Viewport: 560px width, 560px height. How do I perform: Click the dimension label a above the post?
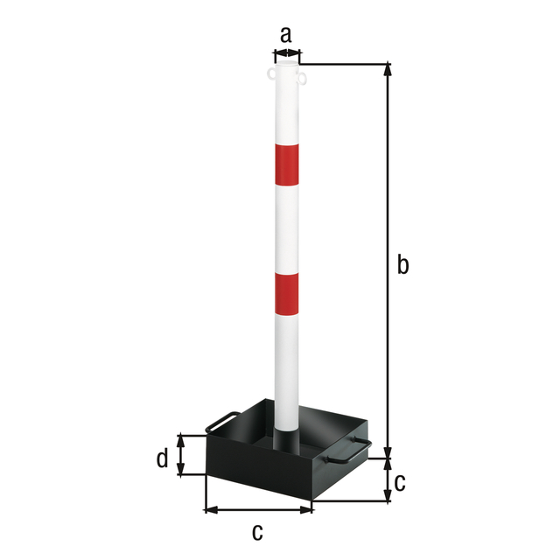[x=285, y=35]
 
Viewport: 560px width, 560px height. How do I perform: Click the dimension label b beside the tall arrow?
[x=402, y=263]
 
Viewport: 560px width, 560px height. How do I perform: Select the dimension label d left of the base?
[x=162, y=458]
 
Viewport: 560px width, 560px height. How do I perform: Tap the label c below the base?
[x=257, y=530]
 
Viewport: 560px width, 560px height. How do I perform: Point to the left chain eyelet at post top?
[x=269, y=76]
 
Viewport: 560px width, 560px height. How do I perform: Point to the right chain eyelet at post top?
[x=303, y=80]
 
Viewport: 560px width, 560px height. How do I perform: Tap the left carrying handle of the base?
[x=220, y=422]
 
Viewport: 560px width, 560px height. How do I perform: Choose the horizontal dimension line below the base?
[x=258, y=509]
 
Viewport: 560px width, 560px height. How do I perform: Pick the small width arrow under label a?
[x=287, y=54]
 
